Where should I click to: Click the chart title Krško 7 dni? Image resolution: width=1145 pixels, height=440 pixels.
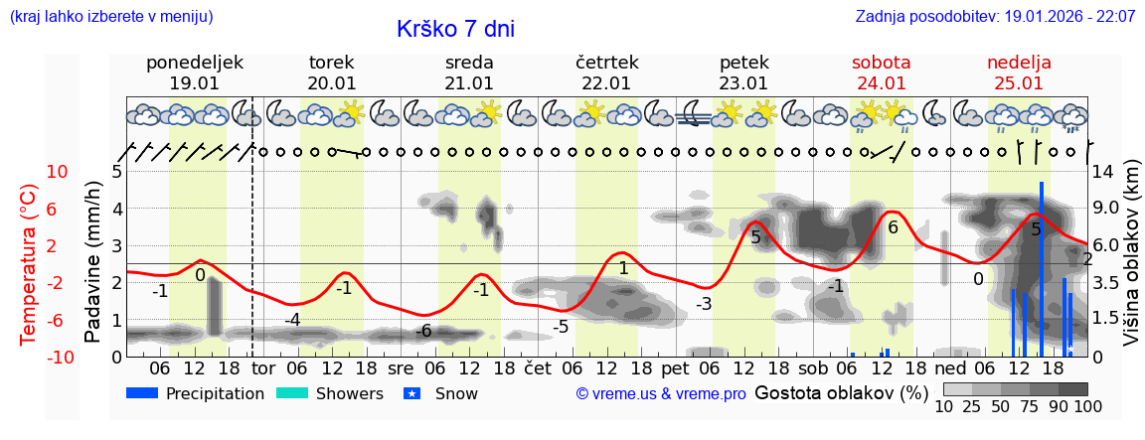(x=455, y=29)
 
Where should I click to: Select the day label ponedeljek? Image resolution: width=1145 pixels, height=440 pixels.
(x=195, y=63)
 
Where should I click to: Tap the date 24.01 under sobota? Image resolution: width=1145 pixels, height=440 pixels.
(x=881, y=83)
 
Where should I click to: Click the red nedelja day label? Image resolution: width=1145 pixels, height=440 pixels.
(x=1019, y=63)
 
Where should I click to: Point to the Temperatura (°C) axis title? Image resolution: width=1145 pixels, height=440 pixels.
(x=29, y=263)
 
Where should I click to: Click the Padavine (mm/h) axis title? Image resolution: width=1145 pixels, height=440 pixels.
(x=93, y=261)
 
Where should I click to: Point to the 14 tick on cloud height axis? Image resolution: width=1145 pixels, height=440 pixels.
(x=1103, y=172)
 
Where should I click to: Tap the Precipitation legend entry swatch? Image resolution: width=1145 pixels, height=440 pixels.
(x=142, y=393)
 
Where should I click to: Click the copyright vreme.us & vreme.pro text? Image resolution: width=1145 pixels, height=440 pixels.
(x=661, y=394)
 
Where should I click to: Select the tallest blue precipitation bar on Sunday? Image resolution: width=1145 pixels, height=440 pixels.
(x=1041, y=268)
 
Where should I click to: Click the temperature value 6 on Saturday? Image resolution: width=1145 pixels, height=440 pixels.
(x=893, y=228)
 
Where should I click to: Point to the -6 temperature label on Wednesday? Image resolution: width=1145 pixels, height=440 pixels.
(x=424, y=331)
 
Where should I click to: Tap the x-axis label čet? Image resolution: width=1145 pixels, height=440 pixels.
(x=537, y=367)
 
